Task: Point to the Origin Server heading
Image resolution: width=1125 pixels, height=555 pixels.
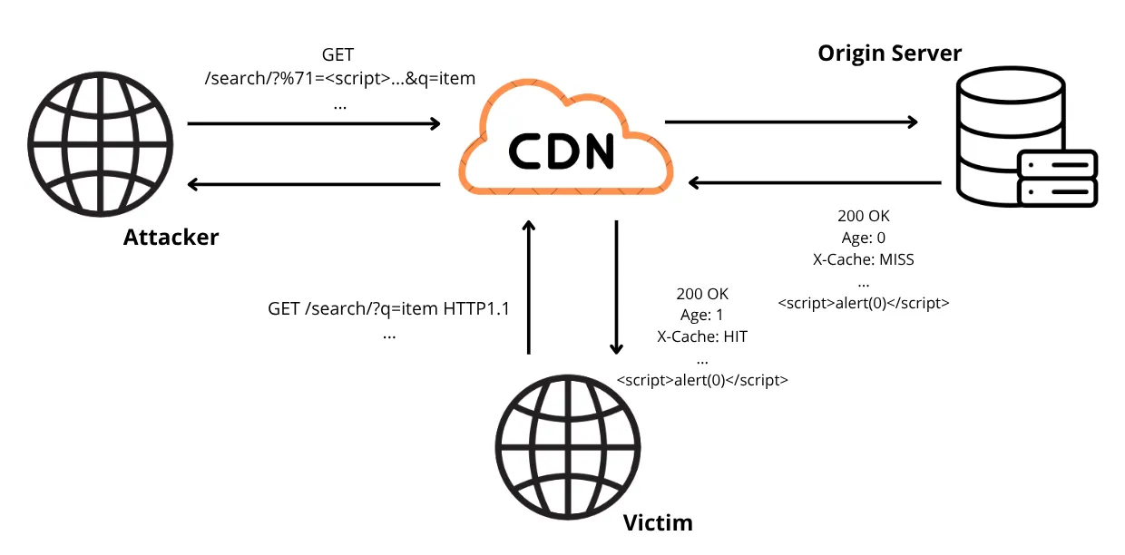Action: (889, 54)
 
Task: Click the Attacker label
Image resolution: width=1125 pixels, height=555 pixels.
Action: (171, 238)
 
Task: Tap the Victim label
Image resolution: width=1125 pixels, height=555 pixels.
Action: (658, 522)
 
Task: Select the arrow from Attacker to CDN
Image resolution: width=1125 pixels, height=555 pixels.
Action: (313, 122)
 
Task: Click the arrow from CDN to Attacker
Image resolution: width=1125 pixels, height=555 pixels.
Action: (313, 184)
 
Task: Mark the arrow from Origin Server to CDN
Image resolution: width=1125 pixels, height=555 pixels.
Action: (815, 183)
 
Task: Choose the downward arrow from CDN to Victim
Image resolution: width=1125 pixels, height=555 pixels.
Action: (616, 287)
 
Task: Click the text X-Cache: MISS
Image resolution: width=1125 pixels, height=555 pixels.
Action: (864, 259)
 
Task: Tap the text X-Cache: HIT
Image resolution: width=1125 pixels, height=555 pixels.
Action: (702, 336)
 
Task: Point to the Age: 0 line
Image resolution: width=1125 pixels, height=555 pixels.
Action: (864, 239)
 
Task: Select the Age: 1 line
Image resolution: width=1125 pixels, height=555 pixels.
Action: (702, 316)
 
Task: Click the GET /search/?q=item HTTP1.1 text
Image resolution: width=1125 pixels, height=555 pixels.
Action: (389, 308)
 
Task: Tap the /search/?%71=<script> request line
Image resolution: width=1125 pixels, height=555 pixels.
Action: (340, 78)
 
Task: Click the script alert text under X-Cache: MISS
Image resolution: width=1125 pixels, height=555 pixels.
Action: (864, 304)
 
